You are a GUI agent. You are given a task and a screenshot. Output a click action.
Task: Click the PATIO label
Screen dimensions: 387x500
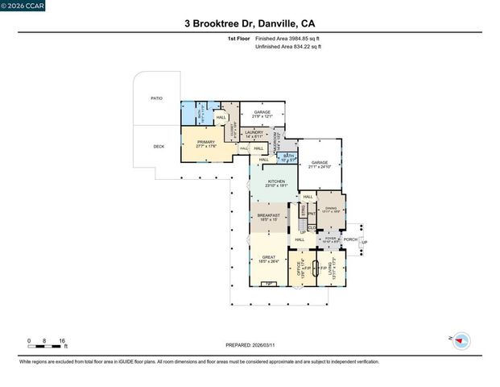click(x=156, y=98)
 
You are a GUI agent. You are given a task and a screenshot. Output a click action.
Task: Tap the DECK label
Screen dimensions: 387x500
click(x=159, y=146)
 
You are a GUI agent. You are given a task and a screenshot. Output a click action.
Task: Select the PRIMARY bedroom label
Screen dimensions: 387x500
click(x=207, y=143)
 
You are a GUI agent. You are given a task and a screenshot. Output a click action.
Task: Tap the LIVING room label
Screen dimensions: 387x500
click(x=332, y=270)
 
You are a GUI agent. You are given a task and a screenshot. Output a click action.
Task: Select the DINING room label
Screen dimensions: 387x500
click(x=330, y=209)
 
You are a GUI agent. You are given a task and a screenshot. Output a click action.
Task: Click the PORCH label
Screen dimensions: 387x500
click(x=350, y=239)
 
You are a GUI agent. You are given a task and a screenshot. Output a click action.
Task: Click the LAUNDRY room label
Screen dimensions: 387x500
click(x=254, y=132)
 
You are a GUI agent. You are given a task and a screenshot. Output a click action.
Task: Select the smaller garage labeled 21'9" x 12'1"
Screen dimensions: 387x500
click(x=262, y=113)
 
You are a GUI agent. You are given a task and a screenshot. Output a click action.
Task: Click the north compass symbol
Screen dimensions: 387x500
click(x=461, y=341)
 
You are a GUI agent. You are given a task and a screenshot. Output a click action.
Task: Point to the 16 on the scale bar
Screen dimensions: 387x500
click(x=62, y=341)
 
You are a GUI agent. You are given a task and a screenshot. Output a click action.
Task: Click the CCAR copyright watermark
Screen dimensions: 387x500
click(x=23, y=6)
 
